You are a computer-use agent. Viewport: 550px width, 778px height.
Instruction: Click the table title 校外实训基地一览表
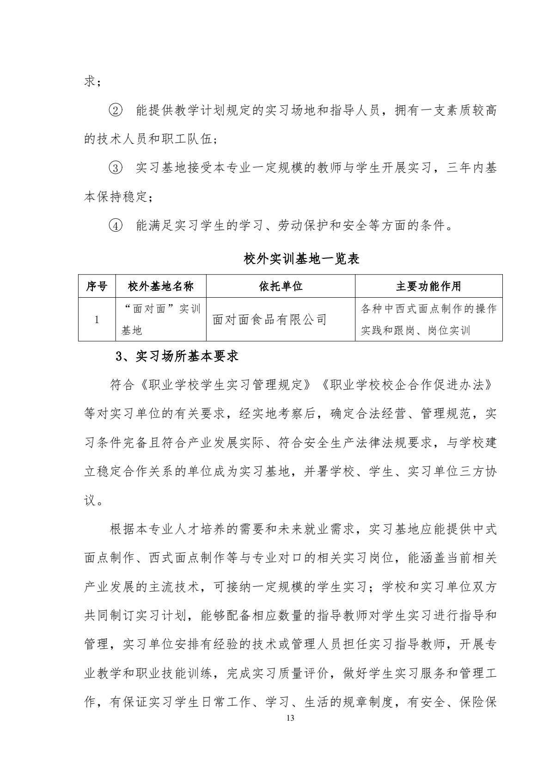click(x=301, y=259)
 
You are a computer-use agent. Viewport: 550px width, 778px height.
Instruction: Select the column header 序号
click(x=97, y=286)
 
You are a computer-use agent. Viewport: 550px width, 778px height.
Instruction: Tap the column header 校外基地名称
click(x=160, y=286)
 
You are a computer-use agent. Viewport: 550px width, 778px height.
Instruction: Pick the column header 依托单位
click(x=281, y=286)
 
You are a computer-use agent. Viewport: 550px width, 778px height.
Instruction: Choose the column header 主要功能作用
click(x=428, y=286)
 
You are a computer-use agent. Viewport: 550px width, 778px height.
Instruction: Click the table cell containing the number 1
click(x=97, y=319)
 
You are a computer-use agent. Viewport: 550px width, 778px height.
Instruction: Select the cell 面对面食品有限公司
click(x=269, y=319)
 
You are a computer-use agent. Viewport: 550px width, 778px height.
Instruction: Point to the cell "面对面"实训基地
click(x=160, y=319)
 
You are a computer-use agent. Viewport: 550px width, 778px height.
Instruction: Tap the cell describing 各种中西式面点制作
click(x=428, y=319)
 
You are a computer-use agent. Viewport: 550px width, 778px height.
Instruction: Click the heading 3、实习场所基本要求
click(x=177, y=356)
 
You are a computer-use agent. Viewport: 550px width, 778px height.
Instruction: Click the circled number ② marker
click(x=116, y=111)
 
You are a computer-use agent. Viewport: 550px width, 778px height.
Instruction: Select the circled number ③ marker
click(x=116, y=168)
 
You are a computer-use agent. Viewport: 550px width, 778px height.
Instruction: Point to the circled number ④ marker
click(x=116, y=226)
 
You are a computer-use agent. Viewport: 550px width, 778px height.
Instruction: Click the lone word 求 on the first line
click(x=90, y=82)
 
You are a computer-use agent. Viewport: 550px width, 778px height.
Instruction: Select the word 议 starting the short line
click(x=90, y=500)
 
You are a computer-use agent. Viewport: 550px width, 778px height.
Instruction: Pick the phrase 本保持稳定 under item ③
click(x=116, y=197)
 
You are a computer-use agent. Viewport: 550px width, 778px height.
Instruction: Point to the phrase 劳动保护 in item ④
click(x=304, y=226)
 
